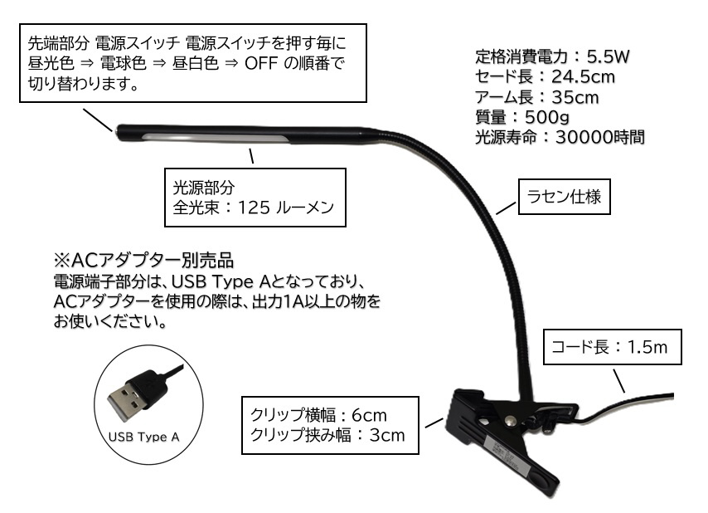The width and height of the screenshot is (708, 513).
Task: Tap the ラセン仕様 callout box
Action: pyautogui.click(x=564, y=198)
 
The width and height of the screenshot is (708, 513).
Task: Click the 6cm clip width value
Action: pyautogui.click(x=367, y=414)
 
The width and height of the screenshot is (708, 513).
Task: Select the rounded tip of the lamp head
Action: pyautogui.click(x=121, y=130)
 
